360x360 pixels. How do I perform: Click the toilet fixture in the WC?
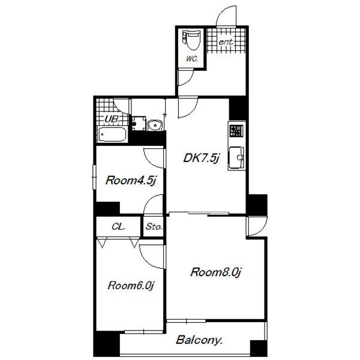click(191, 40)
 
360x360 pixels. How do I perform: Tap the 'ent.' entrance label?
click(226, 42)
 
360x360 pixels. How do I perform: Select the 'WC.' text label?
click(192, 59)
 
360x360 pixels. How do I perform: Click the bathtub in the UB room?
click(112, 134)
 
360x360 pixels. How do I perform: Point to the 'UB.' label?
click(112, 119)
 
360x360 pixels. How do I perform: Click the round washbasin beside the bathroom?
click(155, 125)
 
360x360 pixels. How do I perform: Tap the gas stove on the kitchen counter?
click(236, 131)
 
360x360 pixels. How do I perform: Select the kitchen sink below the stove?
click(236, 157)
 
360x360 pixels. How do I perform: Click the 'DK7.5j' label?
click(202, 158)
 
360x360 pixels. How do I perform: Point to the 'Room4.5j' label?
click(131, 181)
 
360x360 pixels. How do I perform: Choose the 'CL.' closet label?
click(118, 227)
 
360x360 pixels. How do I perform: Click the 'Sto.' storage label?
click(154, 227)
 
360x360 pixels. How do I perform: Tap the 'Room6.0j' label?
click(131, 286)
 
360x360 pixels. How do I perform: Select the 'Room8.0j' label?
click(215, 272)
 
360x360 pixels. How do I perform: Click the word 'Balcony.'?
click(199, 340)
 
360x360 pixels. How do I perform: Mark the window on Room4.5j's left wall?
click(94, 177)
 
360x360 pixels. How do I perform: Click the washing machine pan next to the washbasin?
click(139, 124)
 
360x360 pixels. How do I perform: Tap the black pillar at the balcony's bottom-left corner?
click(107, 344)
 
